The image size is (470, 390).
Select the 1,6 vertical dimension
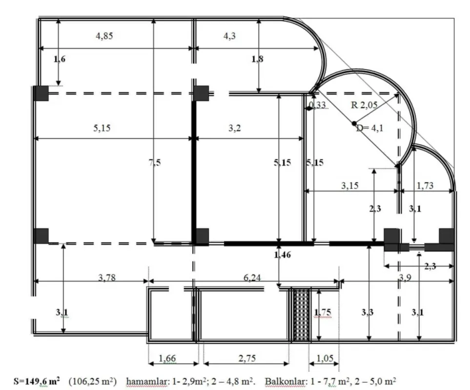(x=59, y=59)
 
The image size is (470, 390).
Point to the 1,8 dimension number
(x=257, y=59)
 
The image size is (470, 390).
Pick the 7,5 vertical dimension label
(x=154, y=163)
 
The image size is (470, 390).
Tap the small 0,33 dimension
(x=318, y=105)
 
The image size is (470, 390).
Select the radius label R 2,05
(x=365, y=104)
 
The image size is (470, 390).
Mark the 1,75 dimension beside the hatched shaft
(x=323, y=312)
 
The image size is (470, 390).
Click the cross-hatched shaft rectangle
(x=302, y=314)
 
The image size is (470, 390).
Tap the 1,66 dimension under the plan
(x=168, y=359)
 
